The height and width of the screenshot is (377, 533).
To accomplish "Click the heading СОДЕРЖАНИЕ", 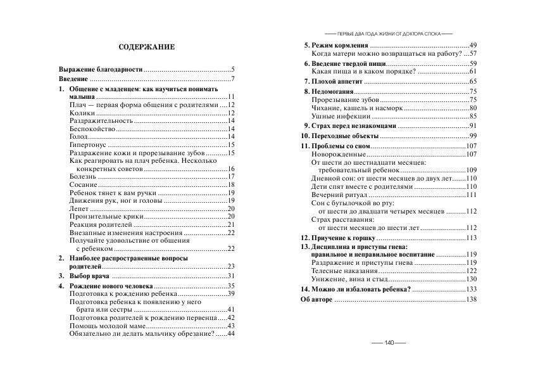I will [147, 48].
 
